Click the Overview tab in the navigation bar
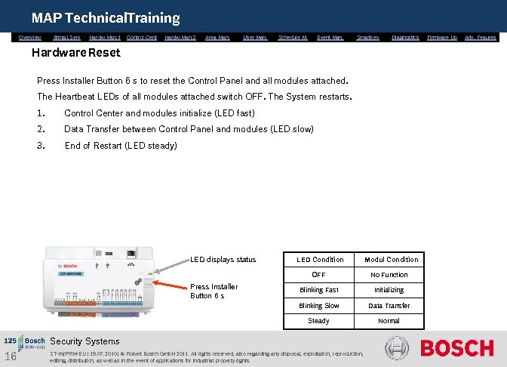coord(30,37)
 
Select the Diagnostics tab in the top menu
coord(406,37)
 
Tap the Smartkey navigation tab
coord(368,37)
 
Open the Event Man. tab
coord(330,37)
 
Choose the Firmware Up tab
coord(442,37)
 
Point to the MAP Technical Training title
coord(106,17)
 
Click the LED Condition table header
coord(319,260)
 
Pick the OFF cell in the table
coord(319,275)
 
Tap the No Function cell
coord(389,275)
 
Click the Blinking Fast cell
coord(319,290)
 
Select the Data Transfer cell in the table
coord(389,306)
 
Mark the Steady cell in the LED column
coord(319,321)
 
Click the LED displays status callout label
coord(223,260)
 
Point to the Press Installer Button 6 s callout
coord(214,291)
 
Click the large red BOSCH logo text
coord(456,348)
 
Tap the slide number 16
coord(11,356)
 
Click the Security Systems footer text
coord(84,341)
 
